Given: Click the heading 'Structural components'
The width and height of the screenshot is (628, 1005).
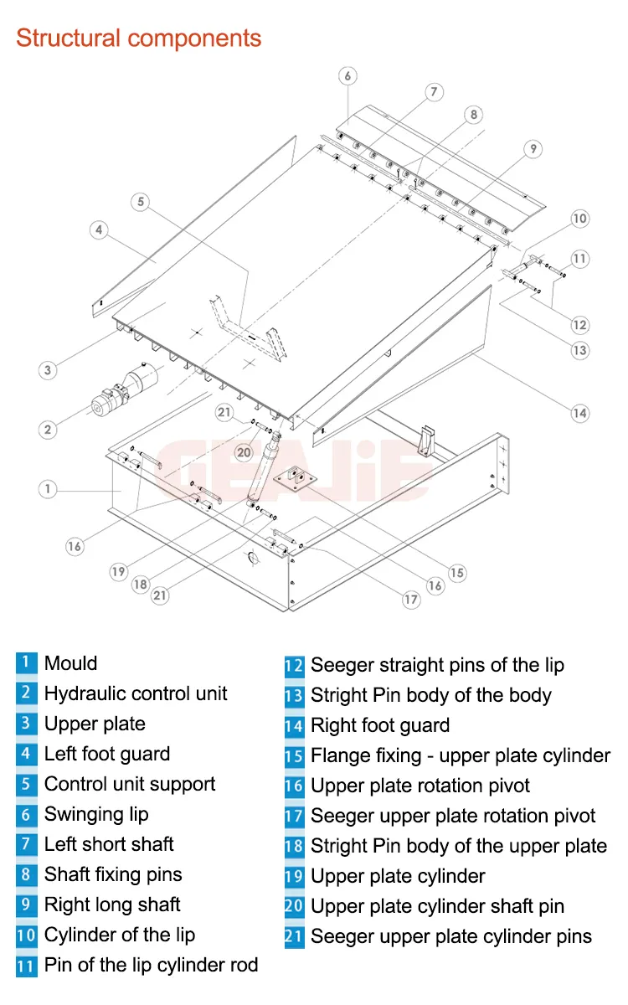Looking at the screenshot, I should click(139, 39).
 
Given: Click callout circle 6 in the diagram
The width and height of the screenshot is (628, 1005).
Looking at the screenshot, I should click(347, 76).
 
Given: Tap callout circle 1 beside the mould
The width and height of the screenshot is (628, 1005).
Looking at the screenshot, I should click(49, 488).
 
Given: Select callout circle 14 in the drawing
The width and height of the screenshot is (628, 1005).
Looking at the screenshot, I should click(579, 412).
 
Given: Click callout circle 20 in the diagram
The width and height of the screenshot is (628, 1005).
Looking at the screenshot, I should click(244, 452).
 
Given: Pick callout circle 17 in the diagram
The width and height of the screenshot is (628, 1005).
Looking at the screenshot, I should click(410, 600).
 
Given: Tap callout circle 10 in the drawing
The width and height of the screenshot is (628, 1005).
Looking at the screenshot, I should click(579, 219).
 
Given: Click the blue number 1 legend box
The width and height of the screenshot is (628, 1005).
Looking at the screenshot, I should click(26, 663).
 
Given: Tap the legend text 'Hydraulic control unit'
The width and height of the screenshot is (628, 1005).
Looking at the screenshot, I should click(136, 693).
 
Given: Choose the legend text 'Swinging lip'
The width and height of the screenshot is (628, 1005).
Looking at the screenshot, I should click(96, 814).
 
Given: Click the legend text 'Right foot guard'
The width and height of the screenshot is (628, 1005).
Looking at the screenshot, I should click(380, 725).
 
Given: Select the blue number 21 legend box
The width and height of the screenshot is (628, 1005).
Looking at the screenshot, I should click(294, 936).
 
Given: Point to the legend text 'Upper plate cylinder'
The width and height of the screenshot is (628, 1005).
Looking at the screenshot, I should click(398, 876).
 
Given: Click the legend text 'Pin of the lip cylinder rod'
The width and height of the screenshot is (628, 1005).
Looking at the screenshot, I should click(151, 965).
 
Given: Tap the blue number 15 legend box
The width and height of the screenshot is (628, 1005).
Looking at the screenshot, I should click(294, 756).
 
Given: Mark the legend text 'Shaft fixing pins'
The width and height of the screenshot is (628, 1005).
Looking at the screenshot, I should click(113, 874).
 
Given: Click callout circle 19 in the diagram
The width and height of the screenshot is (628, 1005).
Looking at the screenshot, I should click(118, 572).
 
